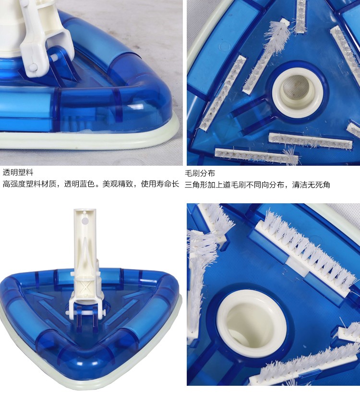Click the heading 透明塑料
(18, 172)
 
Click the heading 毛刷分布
(200, 173)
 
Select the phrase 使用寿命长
(160, 184)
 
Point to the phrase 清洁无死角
(311, 185)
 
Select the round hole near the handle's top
(85, 221)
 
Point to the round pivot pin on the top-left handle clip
(32, 67)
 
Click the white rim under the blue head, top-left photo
(88, 141)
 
